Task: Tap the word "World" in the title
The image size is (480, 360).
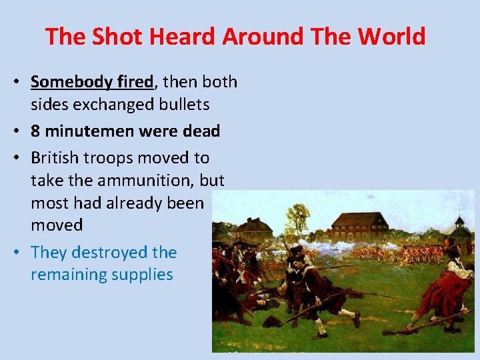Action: (391, 36)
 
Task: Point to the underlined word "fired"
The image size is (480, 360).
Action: (135, 82)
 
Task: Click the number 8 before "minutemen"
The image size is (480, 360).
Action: (35, 131)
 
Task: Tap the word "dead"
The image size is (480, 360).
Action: (201, 131)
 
